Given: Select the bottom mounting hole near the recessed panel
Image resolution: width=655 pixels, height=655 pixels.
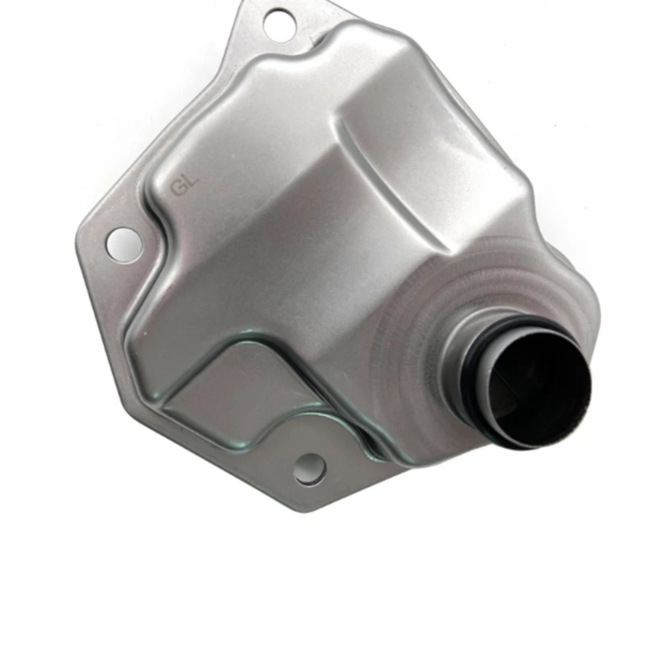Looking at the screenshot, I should pos(308,469).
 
